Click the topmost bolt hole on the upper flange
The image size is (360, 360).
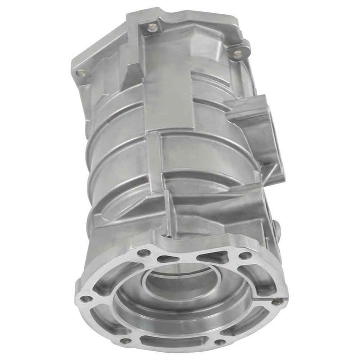pos(150,26)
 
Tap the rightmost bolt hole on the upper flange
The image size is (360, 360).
pos(237,53)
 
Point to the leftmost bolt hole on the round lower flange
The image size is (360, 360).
pos(86,298)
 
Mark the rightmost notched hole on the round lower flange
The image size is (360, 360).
pos(277,302)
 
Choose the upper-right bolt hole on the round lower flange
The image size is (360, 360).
pos(246,255)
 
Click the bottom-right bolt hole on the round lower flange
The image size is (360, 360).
pos(220,342)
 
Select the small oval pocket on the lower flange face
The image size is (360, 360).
pos(166,259)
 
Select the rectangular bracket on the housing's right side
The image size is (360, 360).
pos(252,123)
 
